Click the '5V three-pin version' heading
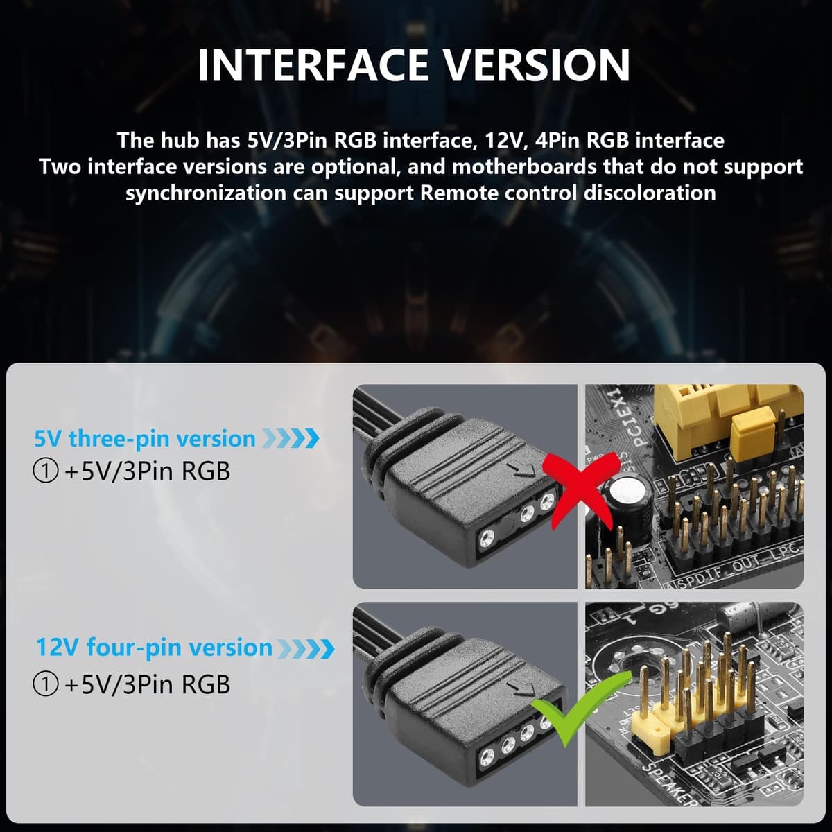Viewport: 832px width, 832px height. click(145, 439)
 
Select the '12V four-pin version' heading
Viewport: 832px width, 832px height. click(154, 647)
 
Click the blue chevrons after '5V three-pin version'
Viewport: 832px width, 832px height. click(291, 439)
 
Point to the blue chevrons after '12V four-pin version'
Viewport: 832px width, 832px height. click(306, 648)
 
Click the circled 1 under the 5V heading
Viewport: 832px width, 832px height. click(45, 471)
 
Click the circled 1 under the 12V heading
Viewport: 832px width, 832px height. click(45, 684)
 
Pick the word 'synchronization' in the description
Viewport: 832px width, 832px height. click(206, 193)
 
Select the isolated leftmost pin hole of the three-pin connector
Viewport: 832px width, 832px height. click(487, 538)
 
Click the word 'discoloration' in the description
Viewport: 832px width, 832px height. click(650, 193)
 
